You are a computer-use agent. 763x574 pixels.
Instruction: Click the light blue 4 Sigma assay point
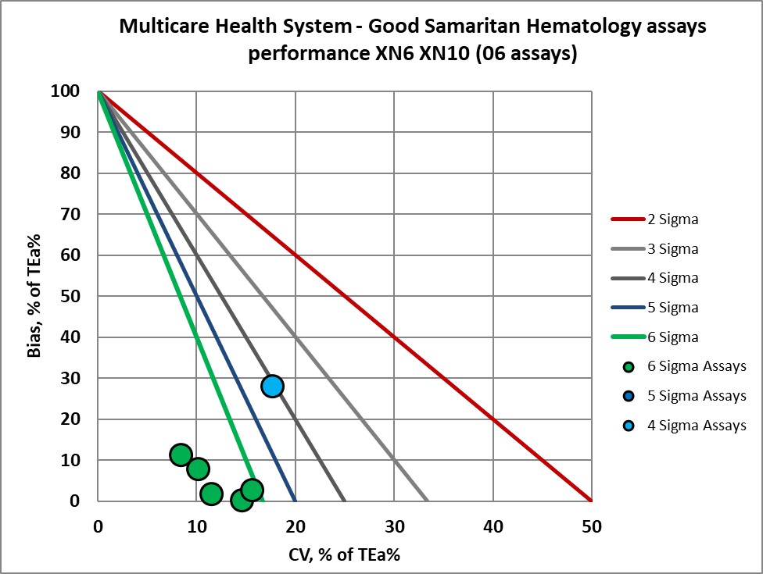click(x=272, y=386)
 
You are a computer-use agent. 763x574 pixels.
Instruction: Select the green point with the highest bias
click(x=181, y=455)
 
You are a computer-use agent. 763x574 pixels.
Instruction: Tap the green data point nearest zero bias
click(x=242, y=500)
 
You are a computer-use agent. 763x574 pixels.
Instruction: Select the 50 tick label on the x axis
click(x=591, y=526)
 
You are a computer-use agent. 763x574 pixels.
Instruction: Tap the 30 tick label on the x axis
click(x=394, y=526)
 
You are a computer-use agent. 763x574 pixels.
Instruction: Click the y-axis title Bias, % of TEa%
click(x=34, y=297)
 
